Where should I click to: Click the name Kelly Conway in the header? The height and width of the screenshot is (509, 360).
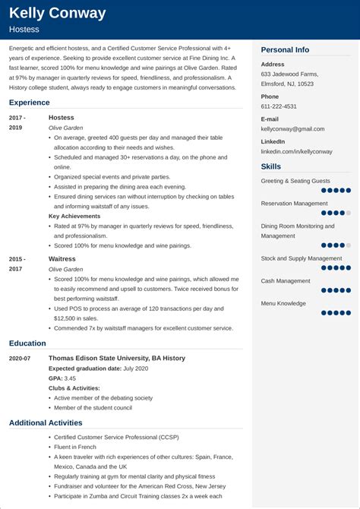[58, 13]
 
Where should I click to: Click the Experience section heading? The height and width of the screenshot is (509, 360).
[30, 101]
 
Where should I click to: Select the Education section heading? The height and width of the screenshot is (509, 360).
[28, 343]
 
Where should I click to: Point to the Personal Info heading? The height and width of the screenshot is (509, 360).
[285, 49]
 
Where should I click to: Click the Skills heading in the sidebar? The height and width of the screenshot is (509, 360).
[271, 166]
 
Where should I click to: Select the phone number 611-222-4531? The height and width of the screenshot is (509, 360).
[279, 106]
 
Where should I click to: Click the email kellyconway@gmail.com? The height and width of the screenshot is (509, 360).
[296, 129]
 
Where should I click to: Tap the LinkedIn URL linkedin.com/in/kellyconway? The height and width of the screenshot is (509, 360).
[297, 152]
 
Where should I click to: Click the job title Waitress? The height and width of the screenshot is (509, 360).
[62, 259]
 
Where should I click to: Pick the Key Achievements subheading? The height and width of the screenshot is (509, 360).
[75, 216]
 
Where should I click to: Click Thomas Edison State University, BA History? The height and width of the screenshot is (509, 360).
[117, 358]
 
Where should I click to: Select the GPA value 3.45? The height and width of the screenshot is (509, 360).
[70, 378]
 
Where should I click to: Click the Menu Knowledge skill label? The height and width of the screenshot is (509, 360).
[283, 303]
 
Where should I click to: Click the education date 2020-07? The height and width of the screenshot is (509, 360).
[21, 359]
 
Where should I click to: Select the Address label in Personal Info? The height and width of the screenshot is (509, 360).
[273, 65]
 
